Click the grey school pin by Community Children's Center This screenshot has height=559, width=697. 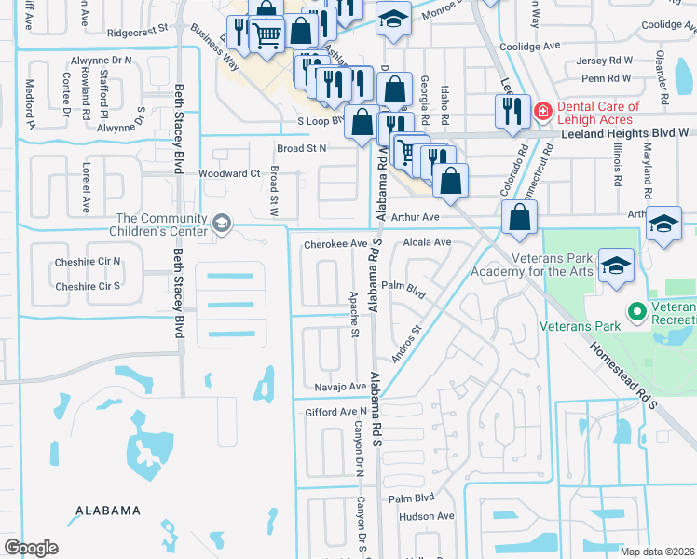pyautogui.click(x=222, y=223)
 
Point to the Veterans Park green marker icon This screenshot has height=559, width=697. pyautogui.click(x=637, y=311)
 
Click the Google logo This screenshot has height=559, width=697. pyautogui.click(x=31, y=548)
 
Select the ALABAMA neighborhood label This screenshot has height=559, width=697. pyautogui.click(x=108, y=511)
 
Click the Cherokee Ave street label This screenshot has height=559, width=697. pyautogui.click(x=335, y=244)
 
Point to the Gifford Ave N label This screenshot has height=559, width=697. pyautogui.click(x=336, y=412)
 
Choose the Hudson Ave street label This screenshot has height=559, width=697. pyautogui.click(x=426, y=516)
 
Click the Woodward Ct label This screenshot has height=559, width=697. pyautogui.click(x=229, y=173)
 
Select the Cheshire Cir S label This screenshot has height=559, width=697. pyautogui.click(x=88, y=286)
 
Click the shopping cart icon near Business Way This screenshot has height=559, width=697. pyautogui.click(x=267, y=36)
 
